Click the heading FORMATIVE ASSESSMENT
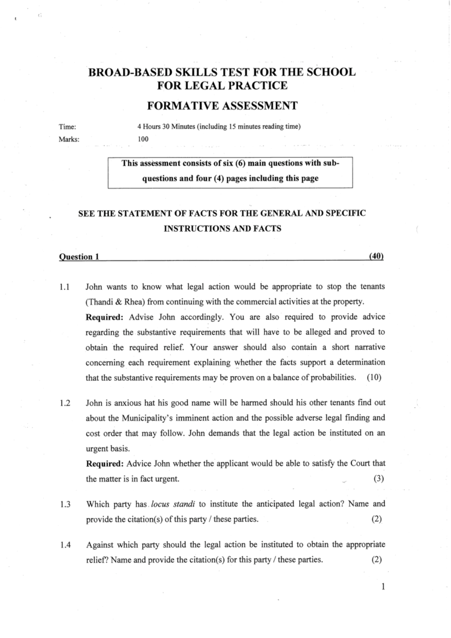[222, 106]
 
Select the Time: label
[67, 127]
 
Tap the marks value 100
[143, 139]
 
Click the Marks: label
[69, 139]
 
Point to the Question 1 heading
[79, 257]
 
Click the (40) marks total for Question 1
[376, 256]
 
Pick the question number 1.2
[65, 403]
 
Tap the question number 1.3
[65, 505]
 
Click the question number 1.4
[65, 545]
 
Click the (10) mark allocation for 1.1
[374, 377]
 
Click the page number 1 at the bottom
[383, 586]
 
